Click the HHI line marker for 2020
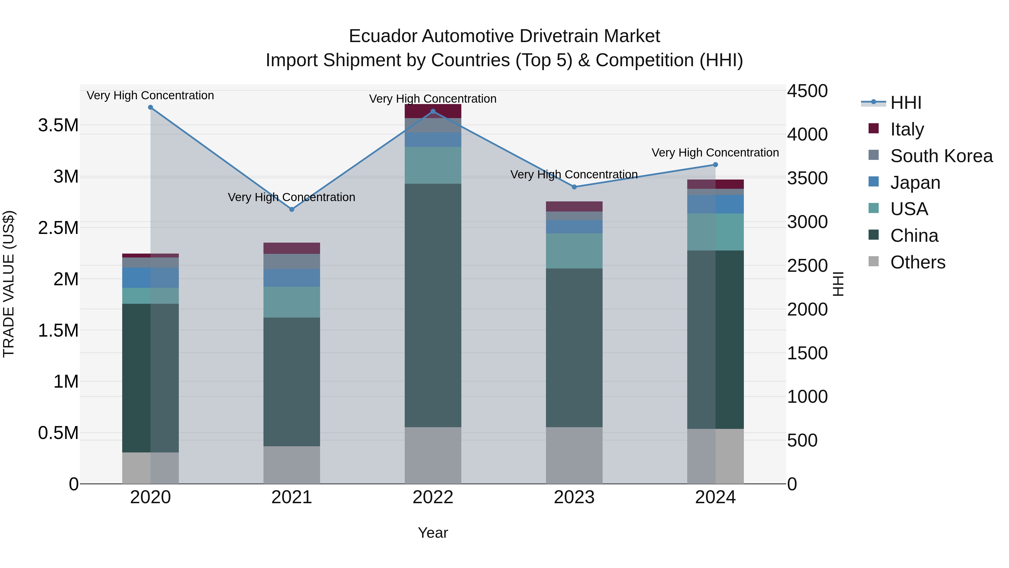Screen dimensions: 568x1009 [x=151, y=107]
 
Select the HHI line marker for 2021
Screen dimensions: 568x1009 [x=291, y=209]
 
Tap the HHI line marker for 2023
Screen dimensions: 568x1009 [x=574, y=187]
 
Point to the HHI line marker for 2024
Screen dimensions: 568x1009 [x=715, y=165]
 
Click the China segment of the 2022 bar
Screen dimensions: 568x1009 [x=433, y=306]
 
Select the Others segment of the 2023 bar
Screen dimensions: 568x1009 [x=574, y=456]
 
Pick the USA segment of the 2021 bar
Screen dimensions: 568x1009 [x=291, y=302]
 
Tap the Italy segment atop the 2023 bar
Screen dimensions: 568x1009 [x=574, y=206]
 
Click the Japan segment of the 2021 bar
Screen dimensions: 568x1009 [x=291, y=278]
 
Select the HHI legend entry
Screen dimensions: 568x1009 [x=906, y=103]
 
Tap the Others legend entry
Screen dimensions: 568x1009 [x=917, y=262]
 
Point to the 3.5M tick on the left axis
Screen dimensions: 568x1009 [x=58, y=125]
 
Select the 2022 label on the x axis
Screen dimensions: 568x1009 [x=433, y=497]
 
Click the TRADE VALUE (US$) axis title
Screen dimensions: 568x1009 [x=9, y=284]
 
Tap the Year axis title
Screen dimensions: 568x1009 [x=433, y=533]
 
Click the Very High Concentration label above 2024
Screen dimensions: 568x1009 [x=715, y=153]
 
